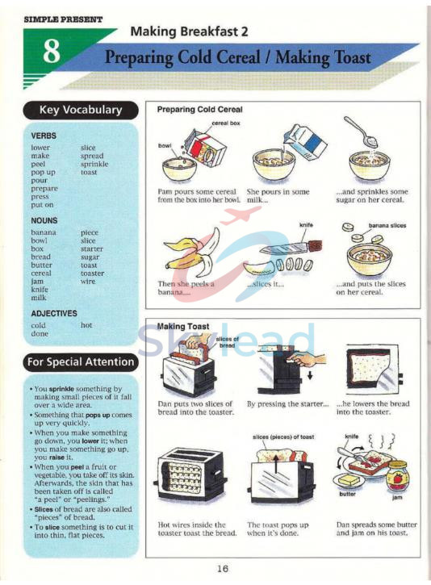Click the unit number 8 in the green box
click(52, 52)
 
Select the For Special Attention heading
click(82, 361)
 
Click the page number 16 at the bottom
click(223, 568)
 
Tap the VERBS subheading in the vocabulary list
click(44, 136)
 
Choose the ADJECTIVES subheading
click(54, 313)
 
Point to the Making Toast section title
click(183, 326)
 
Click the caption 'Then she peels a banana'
click(186, 288)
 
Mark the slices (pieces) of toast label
click(282, 437)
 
